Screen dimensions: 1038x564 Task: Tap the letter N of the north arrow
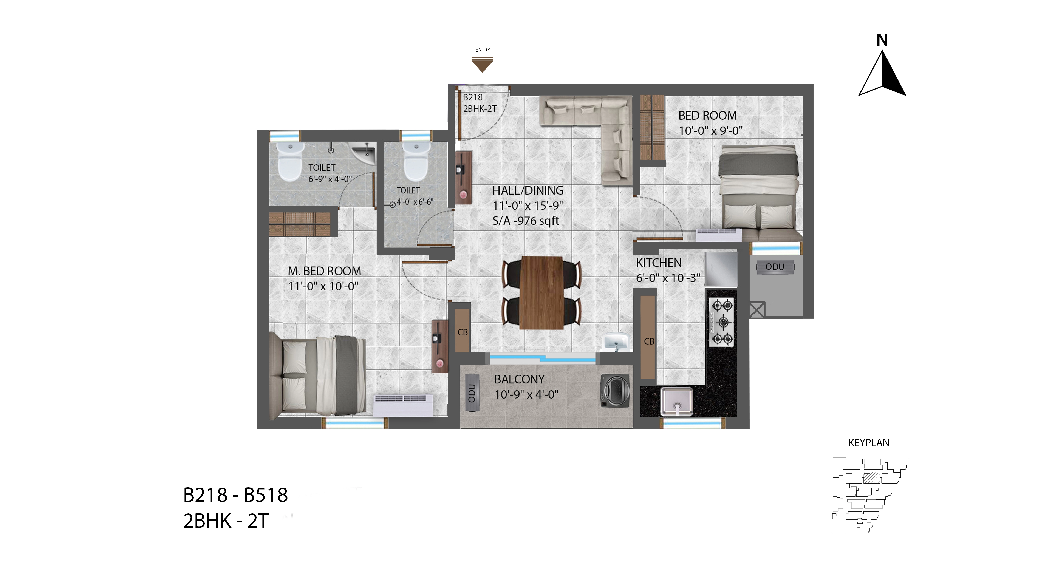[882, 40]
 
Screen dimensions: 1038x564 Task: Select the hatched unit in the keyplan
[872, 478]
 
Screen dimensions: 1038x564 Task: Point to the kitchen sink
[677, 401]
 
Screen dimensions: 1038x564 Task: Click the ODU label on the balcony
[472, 393]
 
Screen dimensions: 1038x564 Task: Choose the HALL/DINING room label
[528, 191]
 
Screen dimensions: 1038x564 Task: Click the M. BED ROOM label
[324, 271]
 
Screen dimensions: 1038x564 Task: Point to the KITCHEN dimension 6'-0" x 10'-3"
[668, 278]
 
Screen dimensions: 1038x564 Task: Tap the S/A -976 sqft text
[526, 221]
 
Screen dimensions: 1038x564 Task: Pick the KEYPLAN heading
[869, 443]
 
